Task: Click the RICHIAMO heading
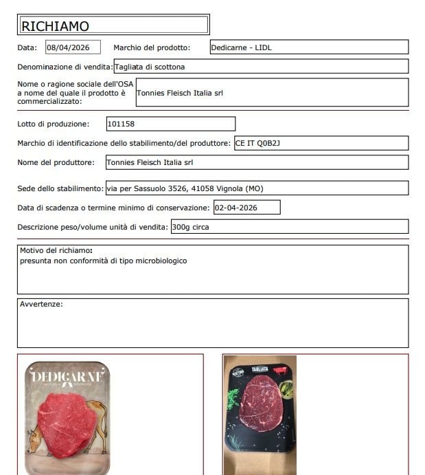click(x=56, y=26)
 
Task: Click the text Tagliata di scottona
click(x=150, y=67)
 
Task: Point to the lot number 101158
click(x=122, y=124)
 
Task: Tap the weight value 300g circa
click(x=191, y=227)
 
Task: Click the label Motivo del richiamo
click(x=56, y=251)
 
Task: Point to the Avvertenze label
click(x=41, y=303)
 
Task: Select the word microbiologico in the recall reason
click(x=160, y=261)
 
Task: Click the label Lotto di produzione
click(x=53, y=124)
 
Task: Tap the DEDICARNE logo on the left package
click(x=68, y=377)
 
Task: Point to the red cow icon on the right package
click(x=280, y=371)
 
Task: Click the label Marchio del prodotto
click(x=151, y=47)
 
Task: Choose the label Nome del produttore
click(x=56, y=162)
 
